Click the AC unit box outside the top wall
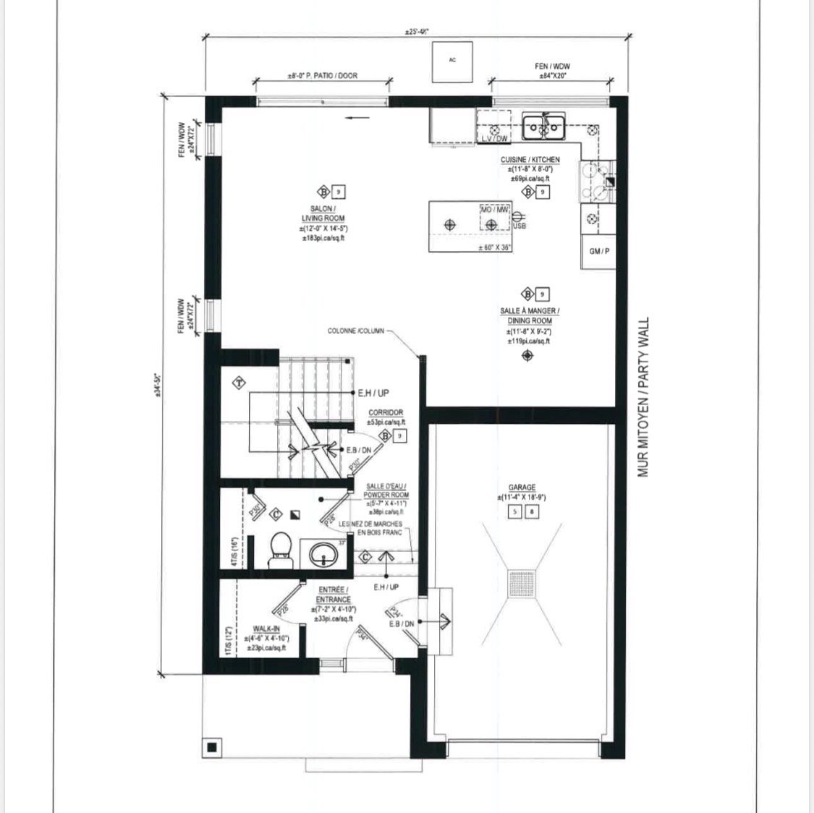(x=452, y=60)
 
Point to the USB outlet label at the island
(x=519, y=226)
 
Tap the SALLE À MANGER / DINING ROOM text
(x=530, y=315)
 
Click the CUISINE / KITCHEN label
(x=530, y=160)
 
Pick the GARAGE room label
(x=521, y=488)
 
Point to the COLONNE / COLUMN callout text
(x=356, y=331)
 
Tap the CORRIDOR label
(x=386, y=412)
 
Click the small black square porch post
(x=212, y=746)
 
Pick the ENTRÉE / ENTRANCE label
(x=334, y=595)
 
